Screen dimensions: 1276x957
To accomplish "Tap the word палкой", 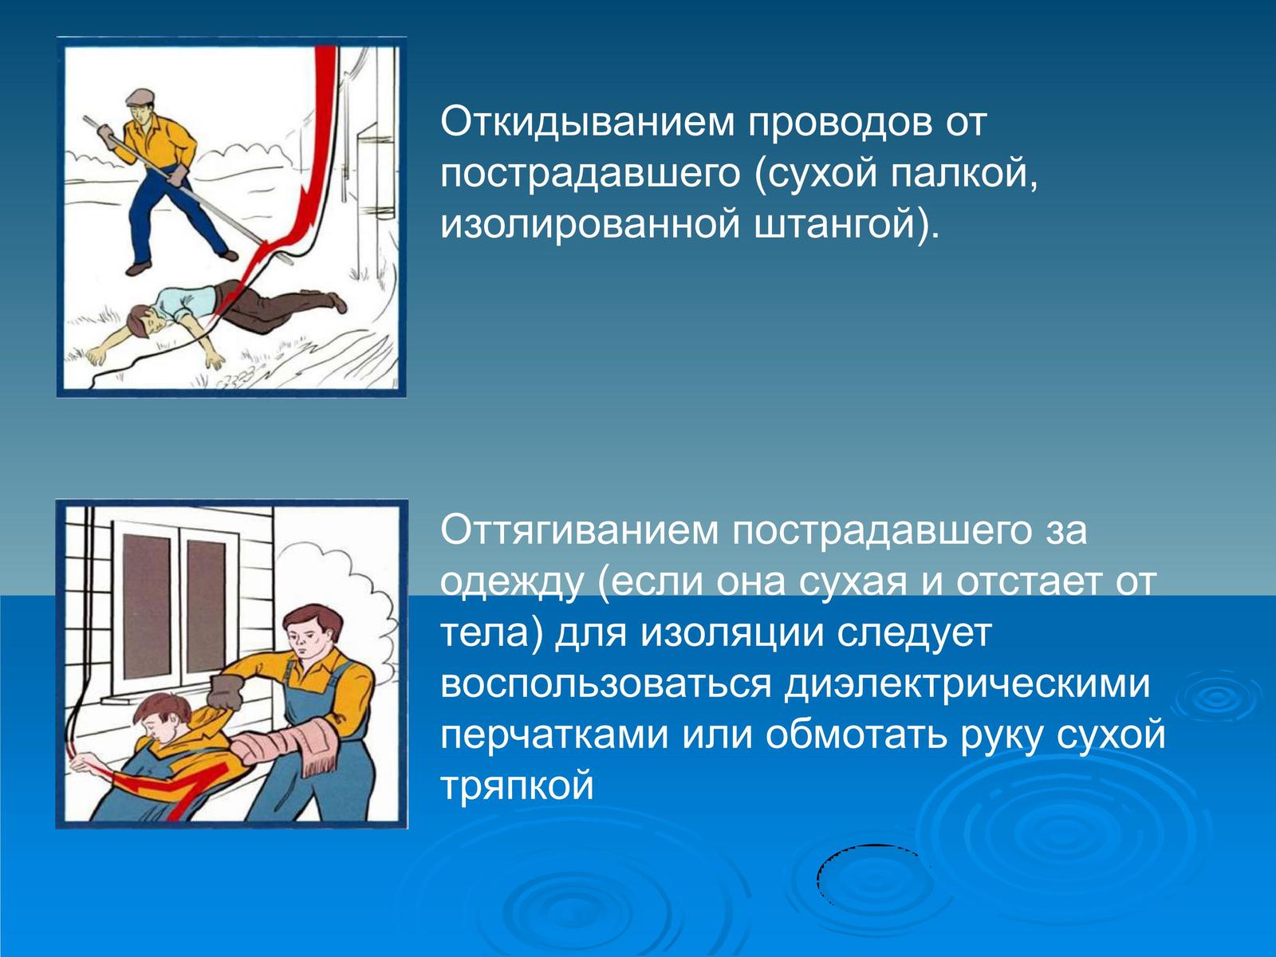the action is point(962,172).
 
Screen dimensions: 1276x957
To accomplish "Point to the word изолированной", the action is point(589,223).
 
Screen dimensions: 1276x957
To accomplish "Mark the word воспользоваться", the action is point(605,684).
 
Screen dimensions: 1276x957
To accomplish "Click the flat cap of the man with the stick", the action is point(140,97).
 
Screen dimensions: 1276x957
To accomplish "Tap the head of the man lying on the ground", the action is point(143,321).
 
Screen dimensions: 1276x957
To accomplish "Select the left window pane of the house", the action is point(147,607).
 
